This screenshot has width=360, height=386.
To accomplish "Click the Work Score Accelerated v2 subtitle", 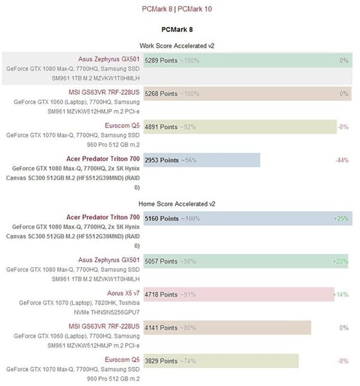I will [177, 45].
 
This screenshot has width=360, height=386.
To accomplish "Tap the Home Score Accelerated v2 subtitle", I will [177, 203].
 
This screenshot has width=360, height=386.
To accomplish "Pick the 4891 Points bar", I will [240, 127].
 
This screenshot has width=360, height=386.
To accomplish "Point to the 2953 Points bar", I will [202, 160].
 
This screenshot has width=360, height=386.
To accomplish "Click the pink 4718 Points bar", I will [239, 294].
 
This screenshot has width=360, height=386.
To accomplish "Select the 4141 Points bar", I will [227, 328].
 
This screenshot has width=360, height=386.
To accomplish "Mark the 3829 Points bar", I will [221, 361].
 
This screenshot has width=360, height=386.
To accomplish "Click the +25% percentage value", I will [341, 219].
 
